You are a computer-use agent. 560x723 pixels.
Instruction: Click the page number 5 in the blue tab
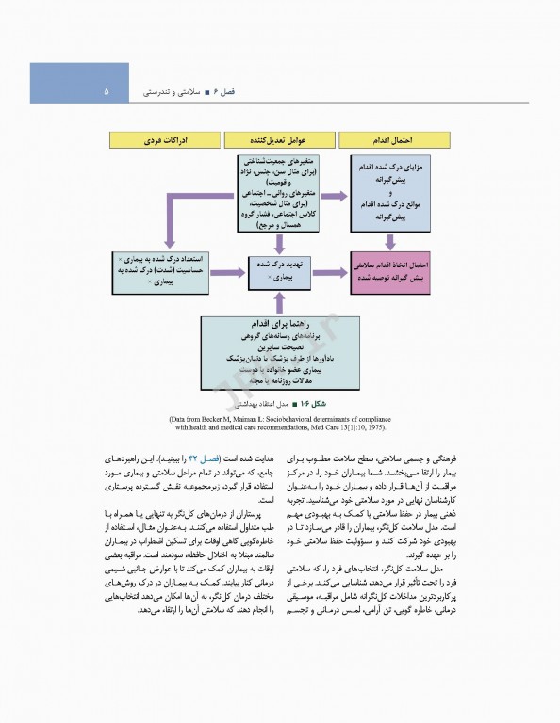(x=106, y=92)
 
